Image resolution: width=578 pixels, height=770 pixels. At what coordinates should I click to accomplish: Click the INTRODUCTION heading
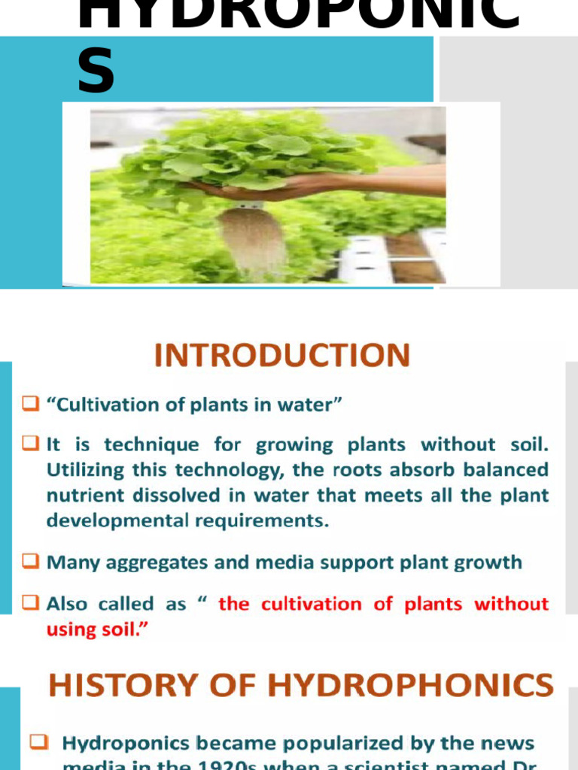[282, 355]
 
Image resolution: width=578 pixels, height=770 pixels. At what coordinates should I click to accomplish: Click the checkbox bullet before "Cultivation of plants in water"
[30, 405]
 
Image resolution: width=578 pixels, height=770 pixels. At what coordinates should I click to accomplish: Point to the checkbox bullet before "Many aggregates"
[30, 561]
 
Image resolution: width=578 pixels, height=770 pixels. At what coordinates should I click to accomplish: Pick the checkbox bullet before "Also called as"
[30, 603]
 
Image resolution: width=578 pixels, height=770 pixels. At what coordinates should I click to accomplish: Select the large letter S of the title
[96, 71]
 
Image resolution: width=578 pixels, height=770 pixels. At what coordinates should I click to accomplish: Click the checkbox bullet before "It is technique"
[30, 444]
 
